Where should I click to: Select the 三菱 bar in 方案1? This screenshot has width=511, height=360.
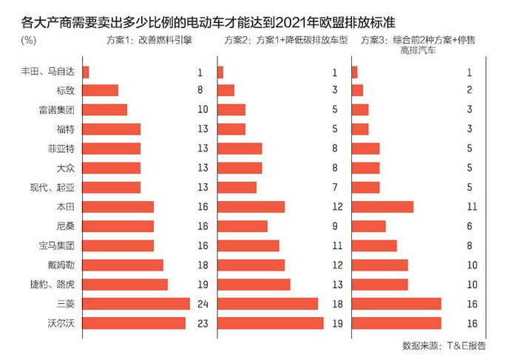(136, 304)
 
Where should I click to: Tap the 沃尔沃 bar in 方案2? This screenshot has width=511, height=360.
(270, 323)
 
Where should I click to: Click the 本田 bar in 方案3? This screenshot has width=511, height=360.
(382, 207)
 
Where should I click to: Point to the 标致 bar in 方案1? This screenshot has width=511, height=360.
(101, 91)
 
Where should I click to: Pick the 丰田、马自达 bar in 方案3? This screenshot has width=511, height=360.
(355, 72)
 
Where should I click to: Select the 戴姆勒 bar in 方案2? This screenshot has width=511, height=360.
(251, 265)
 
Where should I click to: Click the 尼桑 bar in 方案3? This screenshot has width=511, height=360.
(368, 226)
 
